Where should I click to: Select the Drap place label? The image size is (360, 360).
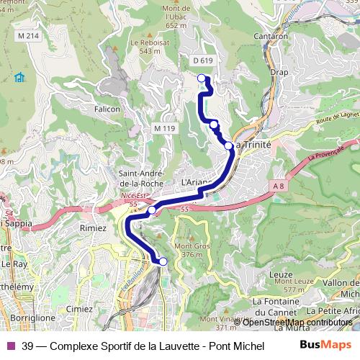279,72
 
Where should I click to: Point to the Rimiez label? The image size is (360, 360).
94,228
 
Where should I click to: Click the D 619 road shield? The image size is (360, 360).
204,61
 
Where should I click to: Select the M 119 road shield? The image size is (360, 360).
164,128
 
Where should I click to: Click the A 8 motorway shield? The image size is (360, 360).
279,186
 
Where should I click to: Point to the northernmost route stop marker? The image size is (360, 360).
202,79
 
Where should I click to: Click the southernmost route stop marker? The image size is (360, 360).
163,261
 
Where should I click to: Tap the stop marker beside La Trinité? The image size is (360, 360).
228,145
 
